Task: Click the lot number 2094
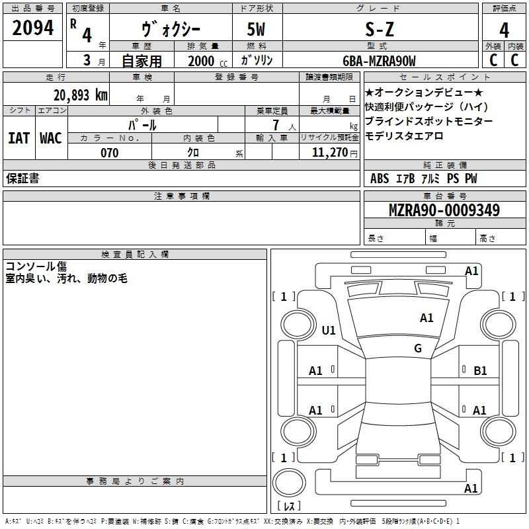(x=32, y=28)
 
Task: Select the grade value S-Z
(x=380, y=29)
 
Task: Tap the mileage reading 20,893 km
(x=81, y=95)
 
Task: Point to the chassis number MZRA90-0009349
(x=444, y=210)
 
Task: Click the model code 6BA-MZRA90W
(x=379, y=61)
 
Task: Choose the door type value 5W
(x=256, y=29)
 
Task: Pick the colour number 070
(x=110, y=153)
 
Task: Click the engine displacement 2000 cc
(x=208, y=61)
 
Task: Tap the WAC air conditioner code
(x=51, y=138)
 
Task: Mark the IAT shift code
(x=19, y=138)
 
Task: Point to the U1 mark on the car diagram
(x=329, y=330)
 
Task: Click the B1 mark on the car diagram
(x=480, y=371)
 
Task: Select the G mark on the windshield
(x=418, y=348)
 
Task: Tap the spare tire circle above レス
(x=289, y=483)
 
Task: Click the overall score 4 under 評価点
(x=504, y=30)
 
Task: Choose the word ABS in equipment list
(x=380, y=179)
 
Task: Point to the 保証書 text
(x=22, y=178)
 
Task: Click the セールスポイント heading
(x=444, y=77)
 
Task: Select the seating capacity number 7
(x=276, y=125)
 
